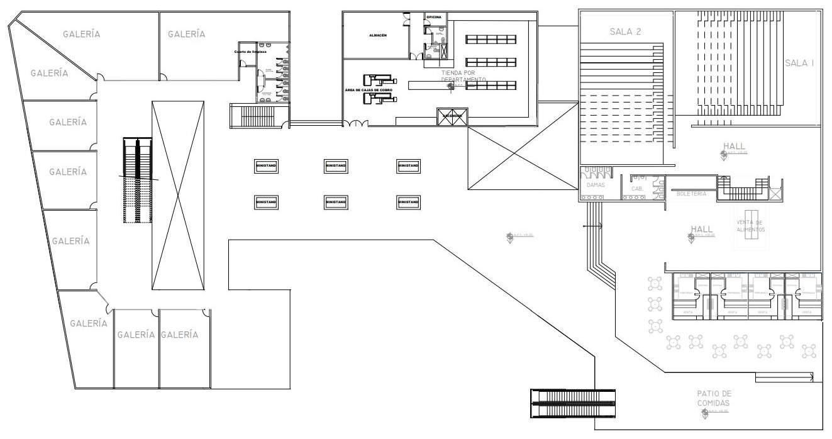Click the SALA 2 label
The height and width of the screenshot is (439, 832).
pyautogui.click(x=624, y=31)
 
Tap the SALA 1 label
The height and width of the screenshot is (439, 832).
pyautogui.click(x=799, y=64)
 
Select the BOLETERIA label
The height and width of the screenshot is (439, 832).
pyautogui.click(x=691, y=194)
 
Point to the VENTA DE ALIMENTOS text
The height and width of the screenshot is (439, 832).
pyautogui.click(x=750, y=226)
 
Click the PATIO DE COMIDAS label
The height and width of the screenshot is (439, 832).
pyautogui.click(x=714, y=397)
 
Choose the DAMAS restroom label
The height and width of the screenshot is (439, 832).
pyautogui.click(x=596, y=186)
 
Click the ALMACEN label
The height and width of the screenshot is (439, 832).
pyautogui.click(x=378, y=36)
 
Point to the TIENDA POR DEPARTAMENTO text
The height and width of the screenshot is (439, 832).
pyautogui.click(x=463, y=76)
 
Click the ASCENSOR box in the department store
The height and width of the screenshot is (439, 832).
pyautogui.click(x=452, y=116)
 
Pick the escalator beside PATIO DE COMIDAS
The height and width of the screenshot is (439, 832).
pyautogui.click(x=573, y=404)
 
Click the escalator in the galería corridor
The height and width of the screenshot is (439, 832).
pyautogui.click(x=138, y=181)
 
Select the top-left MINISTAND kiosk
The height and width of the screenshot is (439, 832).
pyautogui.click(x=266, y=166)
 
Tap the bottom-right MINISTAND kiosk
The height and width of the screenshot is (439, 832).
pyautogui.click(x=408, y=202)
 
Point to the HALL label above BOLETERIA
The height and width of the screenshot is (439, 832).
pyautogui.click(x=734, y=147)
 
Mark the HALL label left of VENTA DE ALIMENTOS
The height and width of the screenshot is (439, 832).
pyautogui.click(x=701, y=230)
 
